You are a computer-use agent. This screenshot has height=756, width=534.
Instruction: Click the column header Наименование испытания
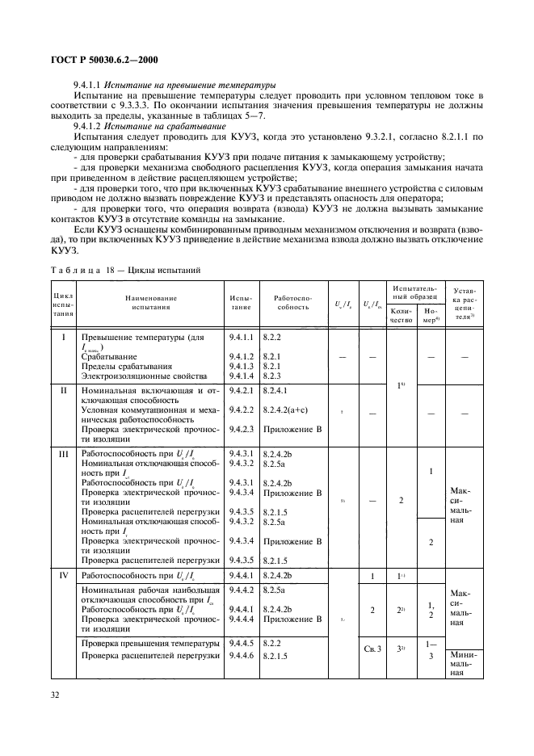tap(151, 303)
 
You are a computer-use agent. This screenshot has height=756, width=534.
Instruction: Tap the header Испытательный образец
tap(415, 292)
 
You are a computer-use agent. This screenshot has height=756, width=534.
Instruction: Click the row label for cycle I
tap(64, 337)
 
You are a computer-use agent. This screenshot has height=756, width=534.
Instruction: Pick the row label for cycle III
tap(64, 455)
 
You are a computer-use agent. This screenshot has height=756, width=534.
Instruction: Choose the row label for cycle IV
tap(64, 575)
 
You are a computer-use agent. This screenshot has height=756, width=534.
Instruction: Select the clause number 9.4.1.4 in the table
tap(242, 376)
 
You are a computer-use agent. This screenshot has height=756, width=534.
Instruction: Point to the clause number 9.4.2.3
tap(242, 429)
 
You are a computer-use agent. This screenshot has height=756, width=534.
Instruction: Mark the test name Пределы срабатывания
tap(119, 367)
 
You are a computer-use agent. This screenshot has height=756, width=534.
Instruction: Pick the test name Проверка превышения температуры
tap(150, 643)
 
